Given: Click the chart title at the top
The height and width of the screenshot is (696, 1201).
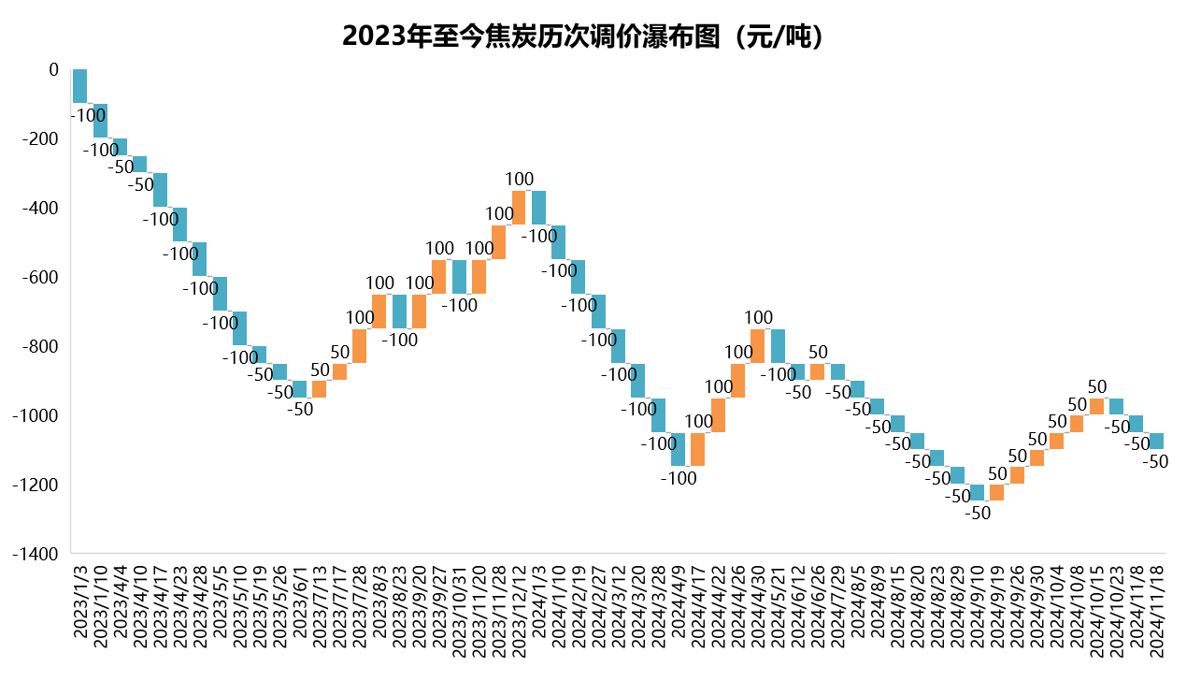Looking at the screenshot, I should [x=583, y=36].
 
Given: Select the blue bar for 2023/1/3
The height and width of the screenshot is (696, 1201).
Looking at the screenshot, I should [x=79, y=86].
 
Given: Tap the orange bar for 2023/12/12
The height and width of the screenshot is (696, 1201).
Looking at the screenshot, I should [x=519, y=208].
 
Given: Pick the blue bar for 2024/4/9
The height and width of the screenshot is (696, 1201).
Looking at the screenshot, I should [x=678, y=449].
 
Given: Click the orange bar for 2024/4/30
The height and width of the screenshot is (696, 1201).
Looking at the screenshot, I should [x=757, y=346].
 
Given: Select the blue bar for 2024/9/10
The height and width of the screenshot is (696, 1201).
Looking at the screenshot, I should [x=977, y=493].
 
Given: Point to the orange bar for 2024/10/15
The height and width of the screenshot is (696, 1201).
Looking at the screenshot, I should [x=1096, y=407].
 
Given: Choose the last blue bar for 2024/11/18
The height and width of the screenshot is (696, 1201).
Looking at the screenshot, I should [x=1156, y=442].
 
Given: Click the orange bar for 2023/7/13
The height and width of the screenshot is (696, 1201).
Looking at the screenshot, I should [x=319, y=389].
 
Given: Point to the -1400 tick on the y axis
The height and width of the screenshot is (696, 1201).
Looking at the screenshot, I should [x=36, y=554].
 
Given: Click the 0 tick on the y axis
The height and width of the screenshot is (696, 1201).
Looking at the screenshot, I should [x=53, y=70].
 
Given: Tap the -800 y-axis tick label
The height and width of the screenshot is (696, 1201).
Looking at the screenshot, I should [x=39, y=347].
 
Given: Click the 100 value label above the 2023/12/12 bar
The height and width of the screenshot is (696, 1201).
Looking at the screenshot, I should [x=519, y=180].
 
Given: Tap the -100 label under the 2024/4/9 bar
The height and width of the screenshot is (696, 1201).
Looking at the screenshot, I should [x=679, y=478].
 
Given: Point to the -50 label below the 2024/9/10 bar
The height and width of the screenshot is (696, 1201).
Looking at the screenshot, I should [x=977, y=513].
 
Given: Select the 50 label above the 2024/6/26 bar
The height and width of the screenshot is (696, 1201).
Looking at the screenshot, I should [x=818, y=353].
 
